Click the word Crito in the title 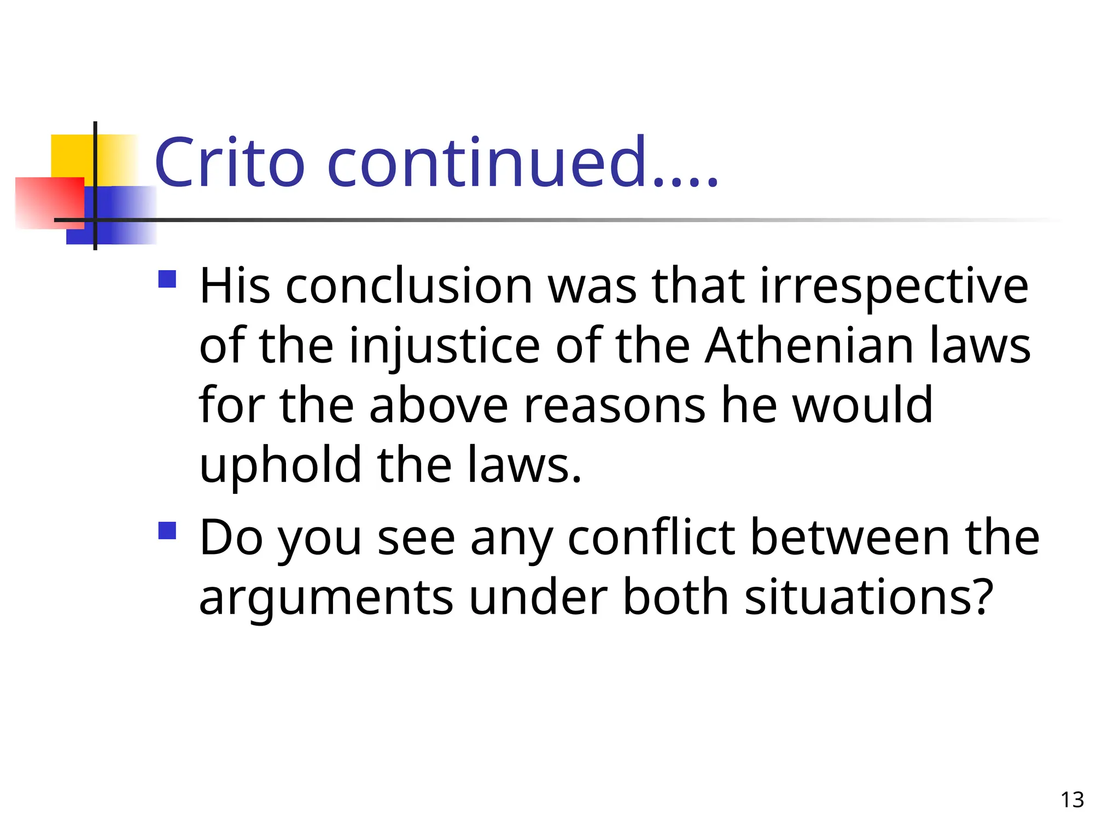[229, 162]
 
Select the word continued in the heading [487, 162]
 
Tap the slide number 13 [1072, 800]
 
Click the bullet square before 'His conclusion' [167, 279]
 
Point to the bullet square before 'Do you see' [167, 530]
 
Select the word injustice [445, 347]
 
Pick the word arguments [326, 598]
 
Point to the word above [439, 405]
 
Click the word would [862, 405]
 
